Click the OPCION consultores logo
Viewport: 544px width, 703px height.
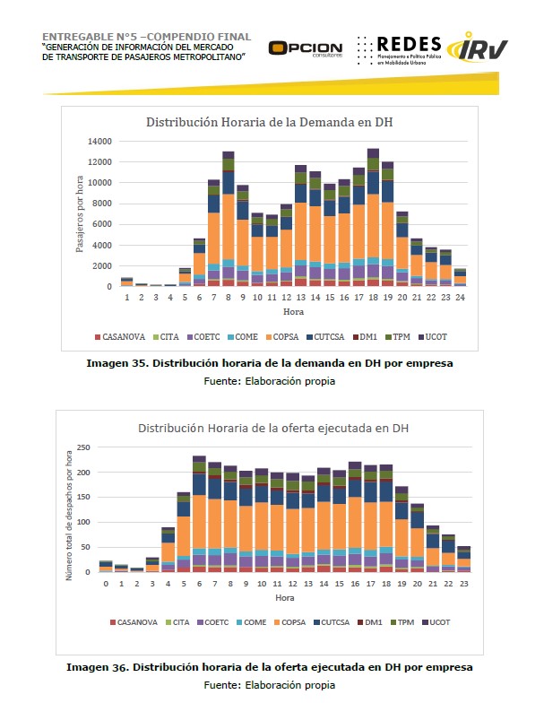[x=305, y=48]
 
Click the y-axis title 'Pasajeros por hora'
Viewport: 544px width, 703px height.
[x=79, y=214]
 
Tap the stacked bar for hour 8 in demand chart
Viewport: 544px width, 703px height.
[x=229, y=220]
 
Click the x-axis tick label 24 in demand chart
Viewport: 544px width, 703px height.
[x=460, y=297]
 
